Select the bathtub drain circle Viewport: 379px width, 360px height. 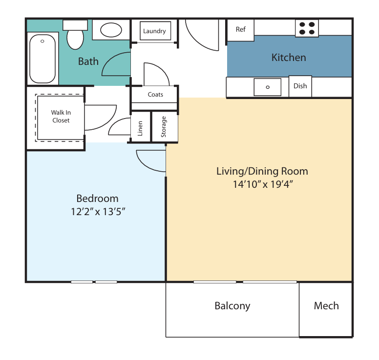42,41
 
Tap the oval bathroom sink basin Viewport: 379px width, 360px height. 111,30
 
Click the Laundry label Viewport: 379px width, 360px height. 154,31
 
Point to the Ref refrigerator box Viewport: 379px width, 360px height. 240,30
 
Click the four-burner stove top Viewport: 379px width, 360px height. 307,28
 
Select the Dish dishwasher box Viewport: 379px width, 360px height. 300,86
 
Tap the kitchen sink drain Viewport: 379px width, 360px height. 268,87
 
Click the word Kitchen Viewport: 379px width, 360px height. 289,58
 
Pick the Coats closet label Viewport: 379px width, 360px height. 155,95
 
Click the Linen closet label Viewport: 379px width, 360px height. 140,128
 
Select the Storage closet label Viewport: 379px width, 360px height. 164,127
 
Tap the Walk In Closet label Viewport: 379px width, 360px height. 61,117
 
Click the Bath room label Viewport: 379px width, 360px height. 88,61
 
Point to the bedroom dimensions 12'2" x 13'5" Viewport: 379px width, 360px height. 98,212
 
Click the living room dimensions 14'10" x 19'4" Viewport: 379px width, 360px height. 263,184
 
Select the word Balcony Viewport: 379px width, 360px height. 232,306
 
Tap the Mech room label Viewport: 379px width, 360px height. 326,306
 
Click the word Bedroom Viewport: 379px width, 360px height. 97,199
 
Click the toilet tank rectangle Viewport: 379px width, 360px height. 75,25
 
